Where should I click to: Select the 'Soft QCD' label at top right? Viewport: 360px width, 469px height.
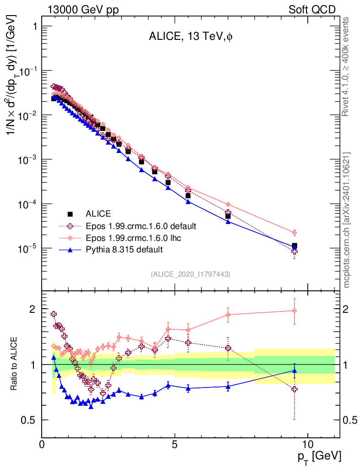coord(312,10)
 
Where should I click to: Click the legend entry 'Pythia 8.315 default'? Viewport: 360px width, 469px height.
coord(124,250)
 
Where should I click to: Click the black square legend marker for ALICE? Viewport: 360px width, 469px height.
coord(71,214)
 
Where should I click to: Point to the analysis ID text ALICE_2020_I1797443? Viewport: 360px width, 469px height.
coord(190,274)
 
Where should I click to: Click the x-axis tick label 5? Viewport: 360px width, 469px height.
coord(175,444)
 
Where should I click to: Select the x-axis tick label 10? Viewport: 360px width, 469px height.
coord(307,444)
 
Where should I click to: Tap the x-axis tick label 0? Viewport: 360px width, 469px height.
coord(42,444)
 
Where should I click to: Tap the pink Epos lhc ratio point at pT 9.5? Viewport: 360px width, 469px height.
coord(294,311)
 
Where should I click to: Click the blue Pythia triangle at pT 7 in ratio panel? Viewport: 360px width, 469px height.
coord(228,386)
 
